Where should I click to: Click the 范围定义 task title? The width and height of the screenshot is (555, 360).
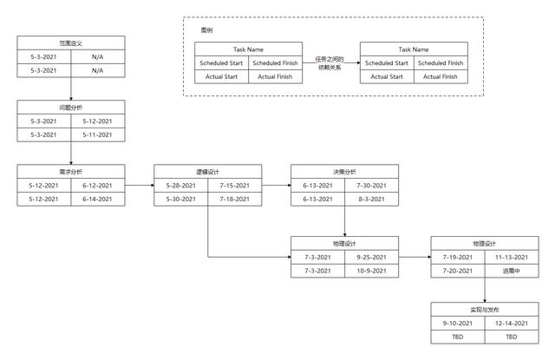pos(71,43)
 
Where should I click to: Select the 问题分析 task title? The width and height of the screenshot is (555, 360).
pos(71,108)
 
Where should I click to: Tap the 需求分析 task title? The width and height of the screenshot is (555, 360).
pos(71,172)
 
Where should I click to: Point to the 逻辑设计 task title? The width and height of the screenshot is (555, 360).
pos(208,172)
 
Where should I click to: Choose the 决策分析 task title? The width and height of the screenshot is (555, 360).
pos(344,172)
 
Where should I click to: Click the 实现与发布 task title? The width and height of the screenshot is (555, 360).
pos(485,310)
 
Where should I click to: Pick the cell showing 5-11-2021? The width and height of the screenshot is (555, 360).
pos(97,134)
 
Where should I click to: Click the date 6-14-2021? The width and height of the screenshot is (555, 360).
pos(97,200)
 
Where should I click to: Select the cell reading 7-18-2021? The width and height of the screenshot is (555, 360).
pos(234,200)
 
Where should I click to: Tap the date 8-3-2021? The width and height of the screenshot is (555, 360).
pos(371,200)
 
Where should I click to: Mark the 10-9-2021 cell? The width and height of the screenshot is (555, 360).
pos(371,272)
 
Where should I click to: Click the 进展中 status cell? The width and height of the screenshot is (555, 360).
pos(512,272)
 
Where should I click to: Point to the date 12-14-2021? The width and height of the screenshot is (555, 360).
pos(512,324)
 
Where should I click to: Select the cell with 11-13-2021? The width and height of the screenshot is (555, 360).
pos(512,258)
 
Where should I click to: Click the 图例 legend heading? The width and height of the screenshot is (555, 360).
pos(206,30)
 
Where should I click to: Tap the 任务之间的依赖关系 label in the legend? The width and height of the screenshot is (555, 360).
pos(330,63)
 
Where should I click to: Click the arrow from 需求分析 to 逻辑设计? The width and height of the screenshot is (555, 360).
pos(140,185)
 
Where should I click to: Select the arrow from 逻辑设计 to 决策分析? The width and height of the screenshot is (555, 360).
pos(277,185)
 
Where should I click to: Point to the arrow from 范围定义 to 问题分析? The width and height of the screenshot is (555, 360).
pos(71,88)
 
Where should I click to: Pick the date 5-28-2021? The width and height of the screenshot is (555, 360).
pos(181,186)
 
